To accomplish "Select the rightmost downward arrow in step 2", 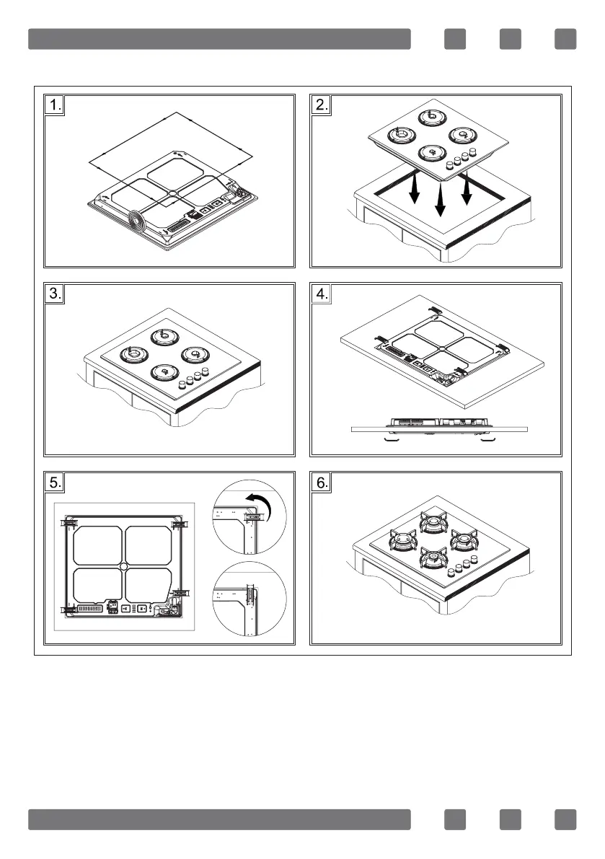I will tap(467, 190).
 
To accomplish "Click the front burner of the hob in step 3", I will tap(164, 372).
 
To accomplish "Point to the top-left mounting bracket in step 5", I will tap(71, 521).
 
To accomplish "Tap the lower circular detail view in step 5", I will tap(251, 599).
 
